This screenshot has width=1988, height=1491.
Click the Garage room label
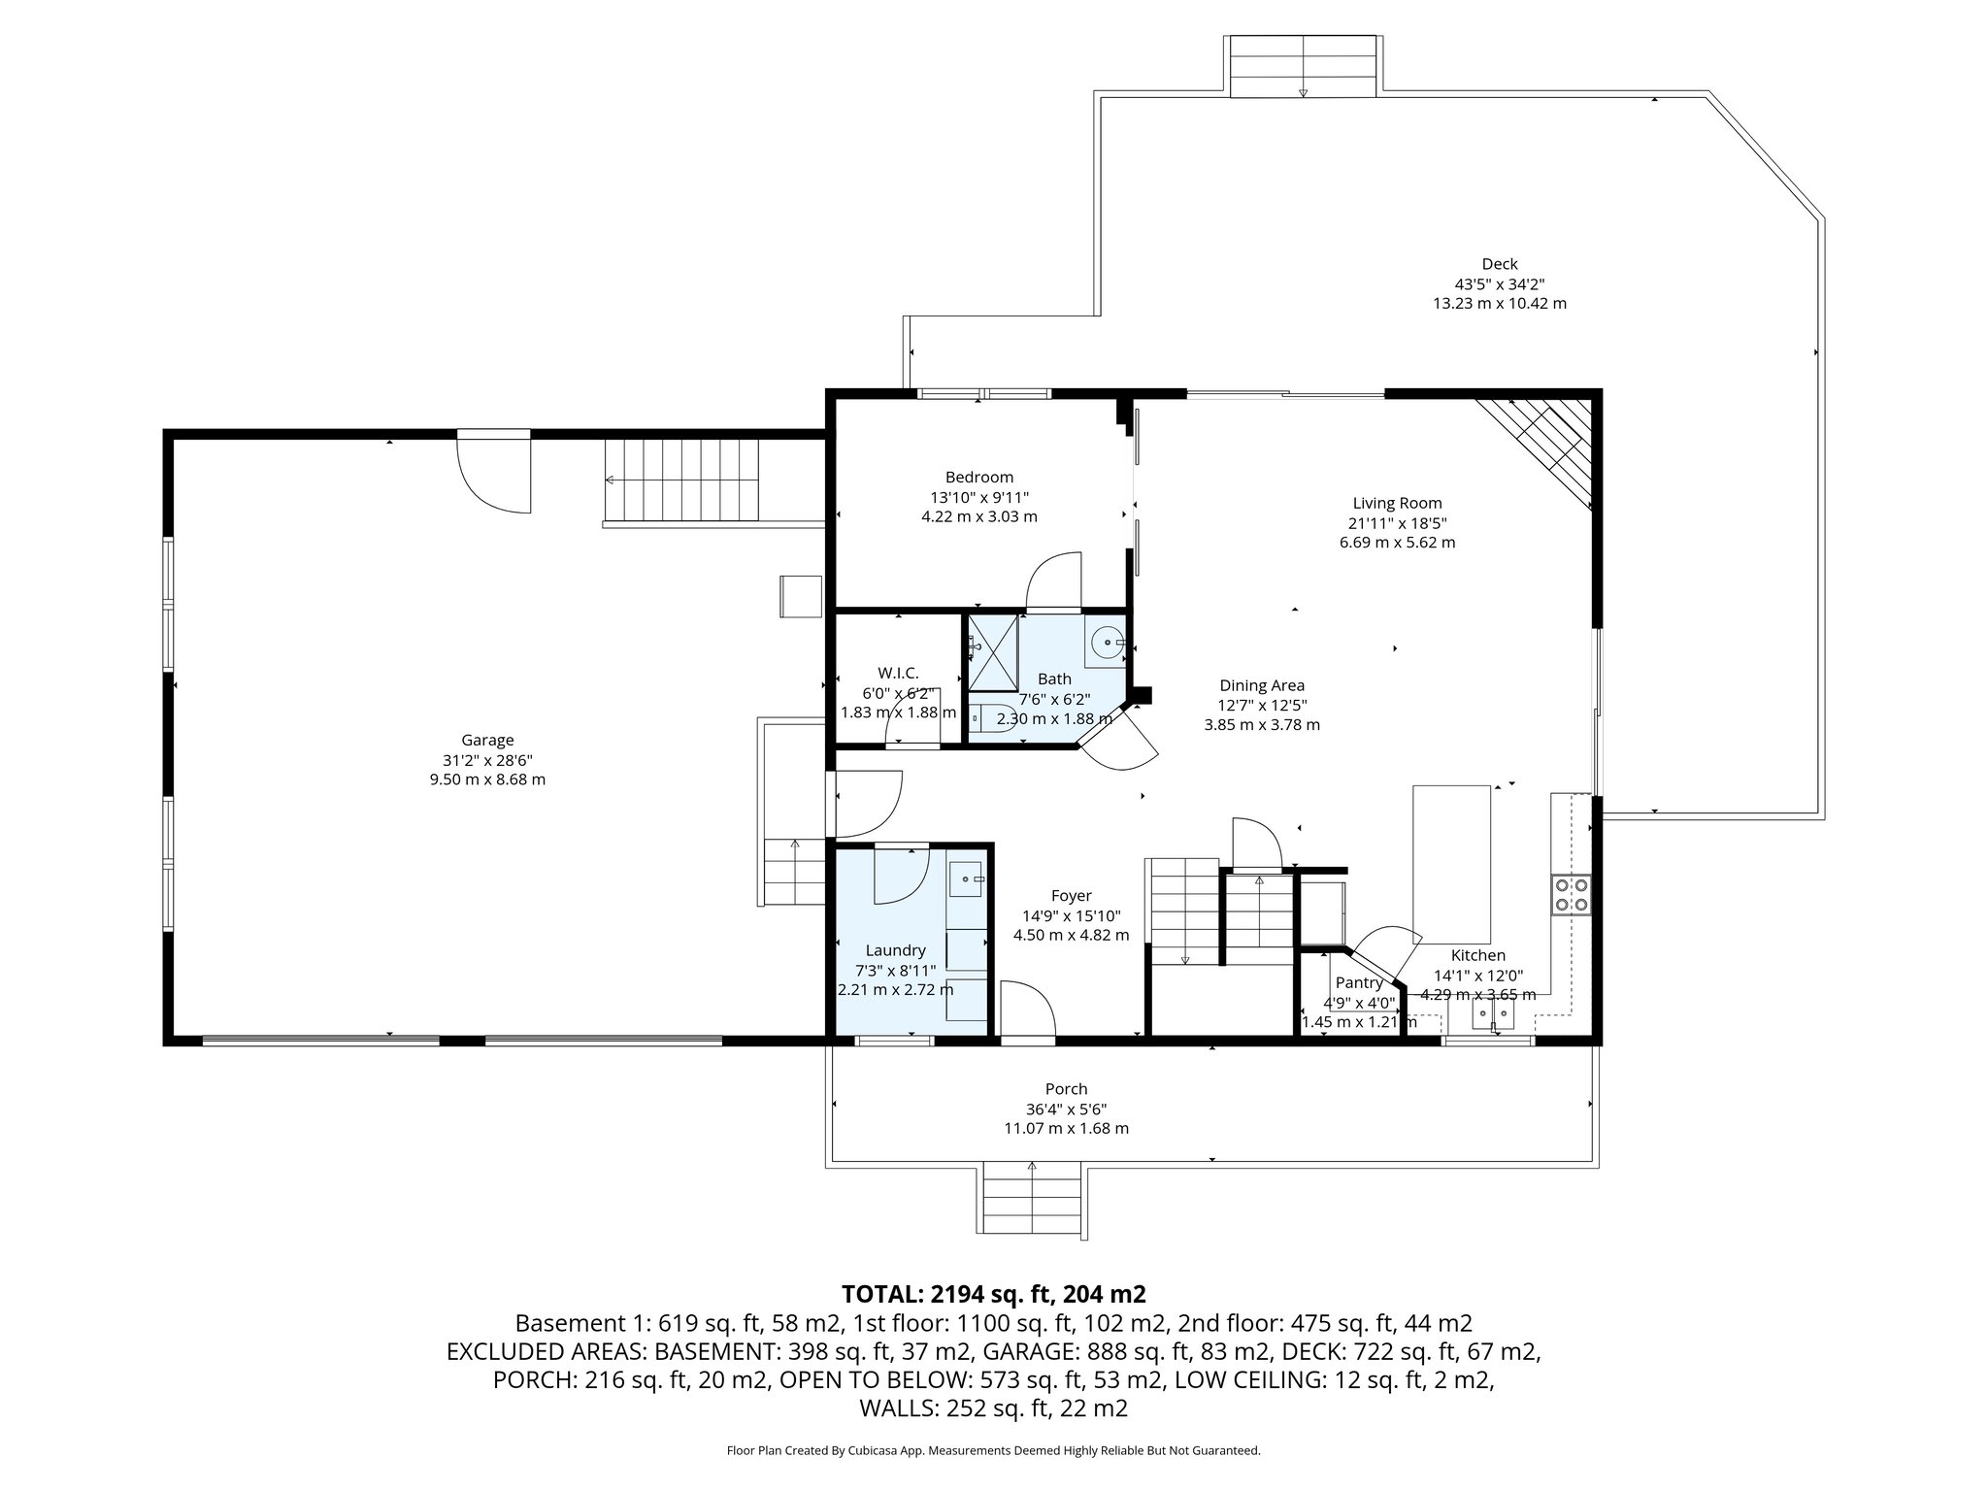pyautogui.click(x=487, y=740)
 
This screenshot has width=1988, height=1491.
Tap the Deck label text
pyautogui.click(x=1499, y=263)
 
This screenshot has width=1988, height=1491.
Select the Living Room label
pyautogui.click(x=1397, y=503)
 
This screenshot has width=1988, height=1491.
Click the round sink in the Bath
pyautogui.click(x=1106, y=643)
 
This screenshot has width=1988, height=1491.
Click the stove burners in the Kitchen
pyautogui.click(x=1571, y=894)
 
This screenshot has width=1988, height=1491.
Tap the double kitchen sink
pyautogui.click(x=1493, y=1014)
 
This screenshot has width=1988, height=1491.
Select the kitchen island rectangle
pyautogui.click(x=1451, y=858)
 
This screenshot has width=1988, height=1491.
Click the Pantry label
pyautogui.click(x=1358, y=982)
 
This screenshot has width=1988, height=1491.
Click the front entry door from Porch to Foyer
pyautogui.click(x=1028, y=1012)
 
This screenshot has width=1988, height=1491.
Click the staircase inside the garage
pyautogui.click(x=683, y=480)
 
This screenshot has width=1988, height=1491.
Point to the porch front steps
pyautogui.click(x=1032, y=1199)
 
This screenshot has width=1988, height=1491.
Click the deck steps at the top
pyautogui.click(x=1303, y=66)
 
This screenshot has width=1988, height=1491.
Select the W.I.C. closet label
pyautogui.click(x=897, y=673)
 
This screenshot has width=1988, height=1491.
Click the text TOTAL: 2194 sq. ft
pyautogui.click(x=994, y=1293)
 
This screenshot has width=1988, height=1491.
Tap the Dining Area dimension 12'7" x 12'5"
pyautogui.click(x=1261, y=705)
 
